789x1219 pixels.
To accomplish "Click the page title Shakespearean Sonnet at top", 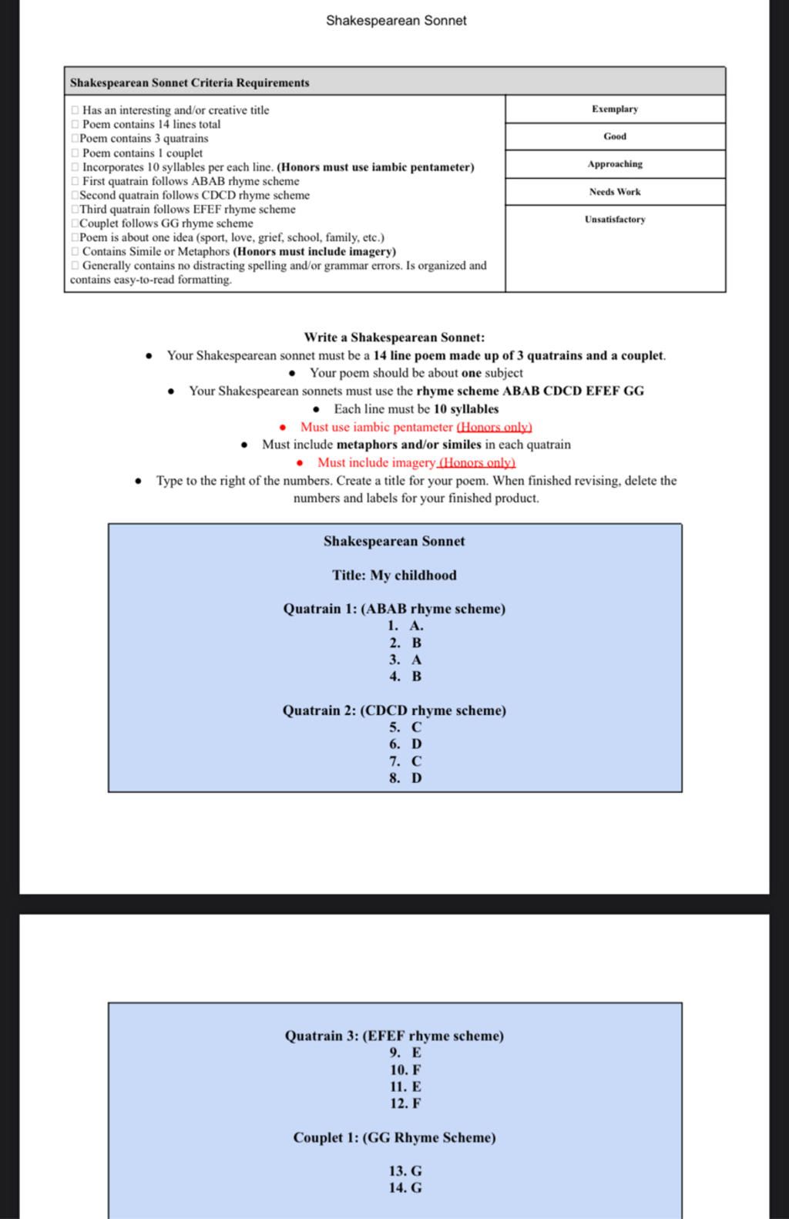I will [395, 21].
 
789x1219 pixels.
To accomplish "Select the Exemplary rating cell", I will [614, 109].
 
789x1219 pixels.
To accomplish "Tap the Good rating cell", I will [614, 136].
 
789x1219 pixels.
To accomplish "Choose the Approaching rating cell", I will [614, 164].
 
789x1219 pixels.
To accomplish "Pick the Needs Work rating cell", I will [614, 192].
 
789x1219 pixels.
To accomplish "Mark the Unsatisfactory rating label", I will [614, 220].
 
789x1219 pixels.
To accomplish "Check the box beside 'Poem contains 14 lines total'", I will [75, 125].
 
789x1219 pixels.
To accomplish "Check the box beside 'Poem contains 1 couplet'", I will [75, 153].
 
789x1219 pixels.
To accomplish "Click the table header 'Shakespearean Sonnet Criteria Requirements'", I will [190, 82].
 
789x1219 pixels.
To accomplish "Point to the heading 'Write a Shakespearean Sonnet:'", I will [394, 337].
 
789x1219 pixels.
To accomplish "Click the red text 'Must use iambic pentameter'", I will [376, 427].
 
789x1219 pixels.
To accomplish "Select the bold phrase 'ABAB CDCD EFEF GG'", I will [573, 391].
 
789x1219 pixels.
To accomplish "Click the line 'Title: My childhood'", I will [394, 576].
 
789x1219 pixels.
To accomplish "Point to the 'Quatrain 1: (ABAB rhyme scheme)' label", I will [394, 609].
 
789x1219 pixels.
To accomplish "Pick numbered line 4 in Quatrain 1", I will [405, 677].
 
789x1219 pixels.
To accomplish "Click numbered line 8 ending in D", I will [405, 778].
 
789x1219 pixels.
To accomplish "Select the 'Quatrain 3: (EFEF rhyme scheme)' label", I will [394, 1036].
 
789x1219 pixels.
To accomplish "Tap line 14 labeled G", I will [405, 1188].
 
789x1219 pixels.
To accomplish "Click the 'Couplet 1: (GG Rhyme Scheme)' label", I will [394, 1137].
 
